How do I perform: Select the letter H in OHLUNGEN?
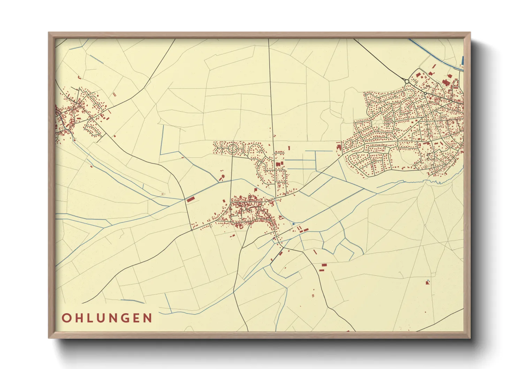[x=78, y=318]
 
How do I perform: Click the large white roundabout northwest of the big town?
[x=407, y=81]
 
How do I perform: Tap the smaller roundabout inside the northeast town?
[x=425, y=93]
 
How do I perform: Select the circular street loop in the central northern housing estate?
[x=232, y=149]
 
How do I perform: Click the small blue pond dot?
[x=294, y=224]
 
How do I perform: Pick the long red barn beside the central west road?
[x=190, y=199]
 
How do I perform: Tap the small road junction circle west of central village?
[x=192, y=230]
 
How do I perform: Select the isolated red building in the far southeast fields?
[x=428, y=282]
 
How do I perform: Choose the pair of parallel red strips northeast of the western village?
[x=114, y=94]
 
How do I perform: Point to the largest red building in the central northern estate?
[x=278, y=164]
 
